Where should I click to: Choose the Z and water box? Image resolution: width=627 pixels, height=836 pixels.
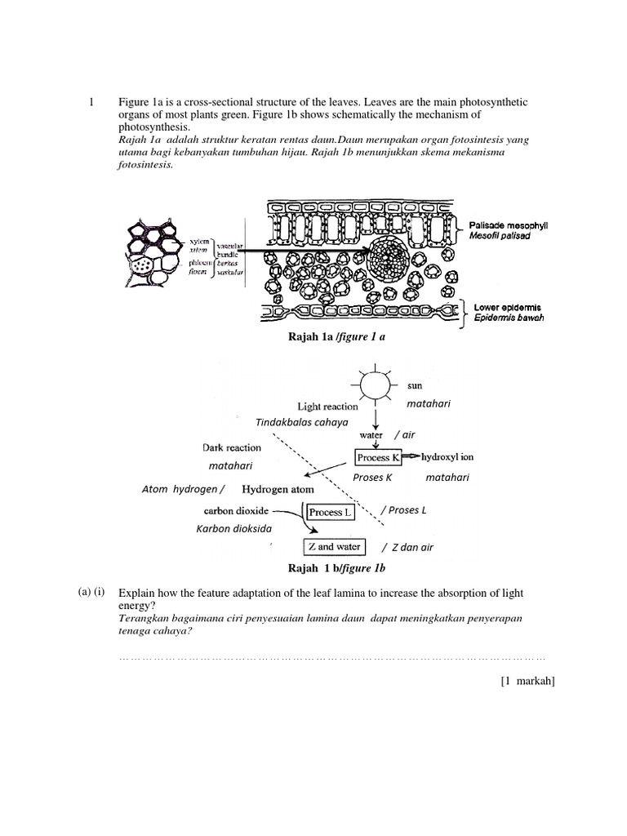click(333, 546)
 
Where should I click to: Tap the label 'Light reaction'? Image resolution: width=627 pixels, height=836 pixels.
click(327, 406)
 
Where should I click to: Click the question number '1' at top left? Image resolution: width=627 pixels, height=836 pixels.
click(91, 102)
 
